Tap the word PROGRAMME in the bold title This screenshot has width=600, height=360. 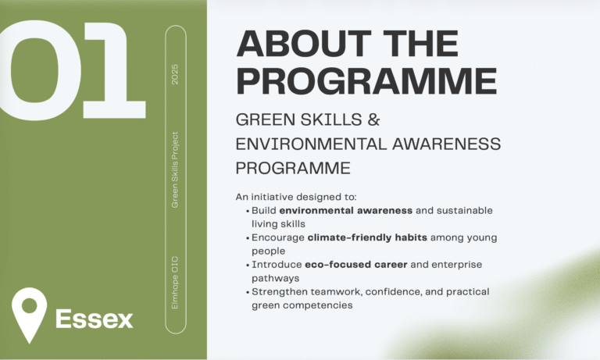pos(366,81)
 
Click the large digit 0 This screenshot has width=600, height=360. pos(31,66)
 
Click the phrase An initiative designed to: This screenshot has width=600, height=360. pos(280,196)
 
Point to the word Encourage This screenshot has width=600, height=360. pos(278,237)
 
